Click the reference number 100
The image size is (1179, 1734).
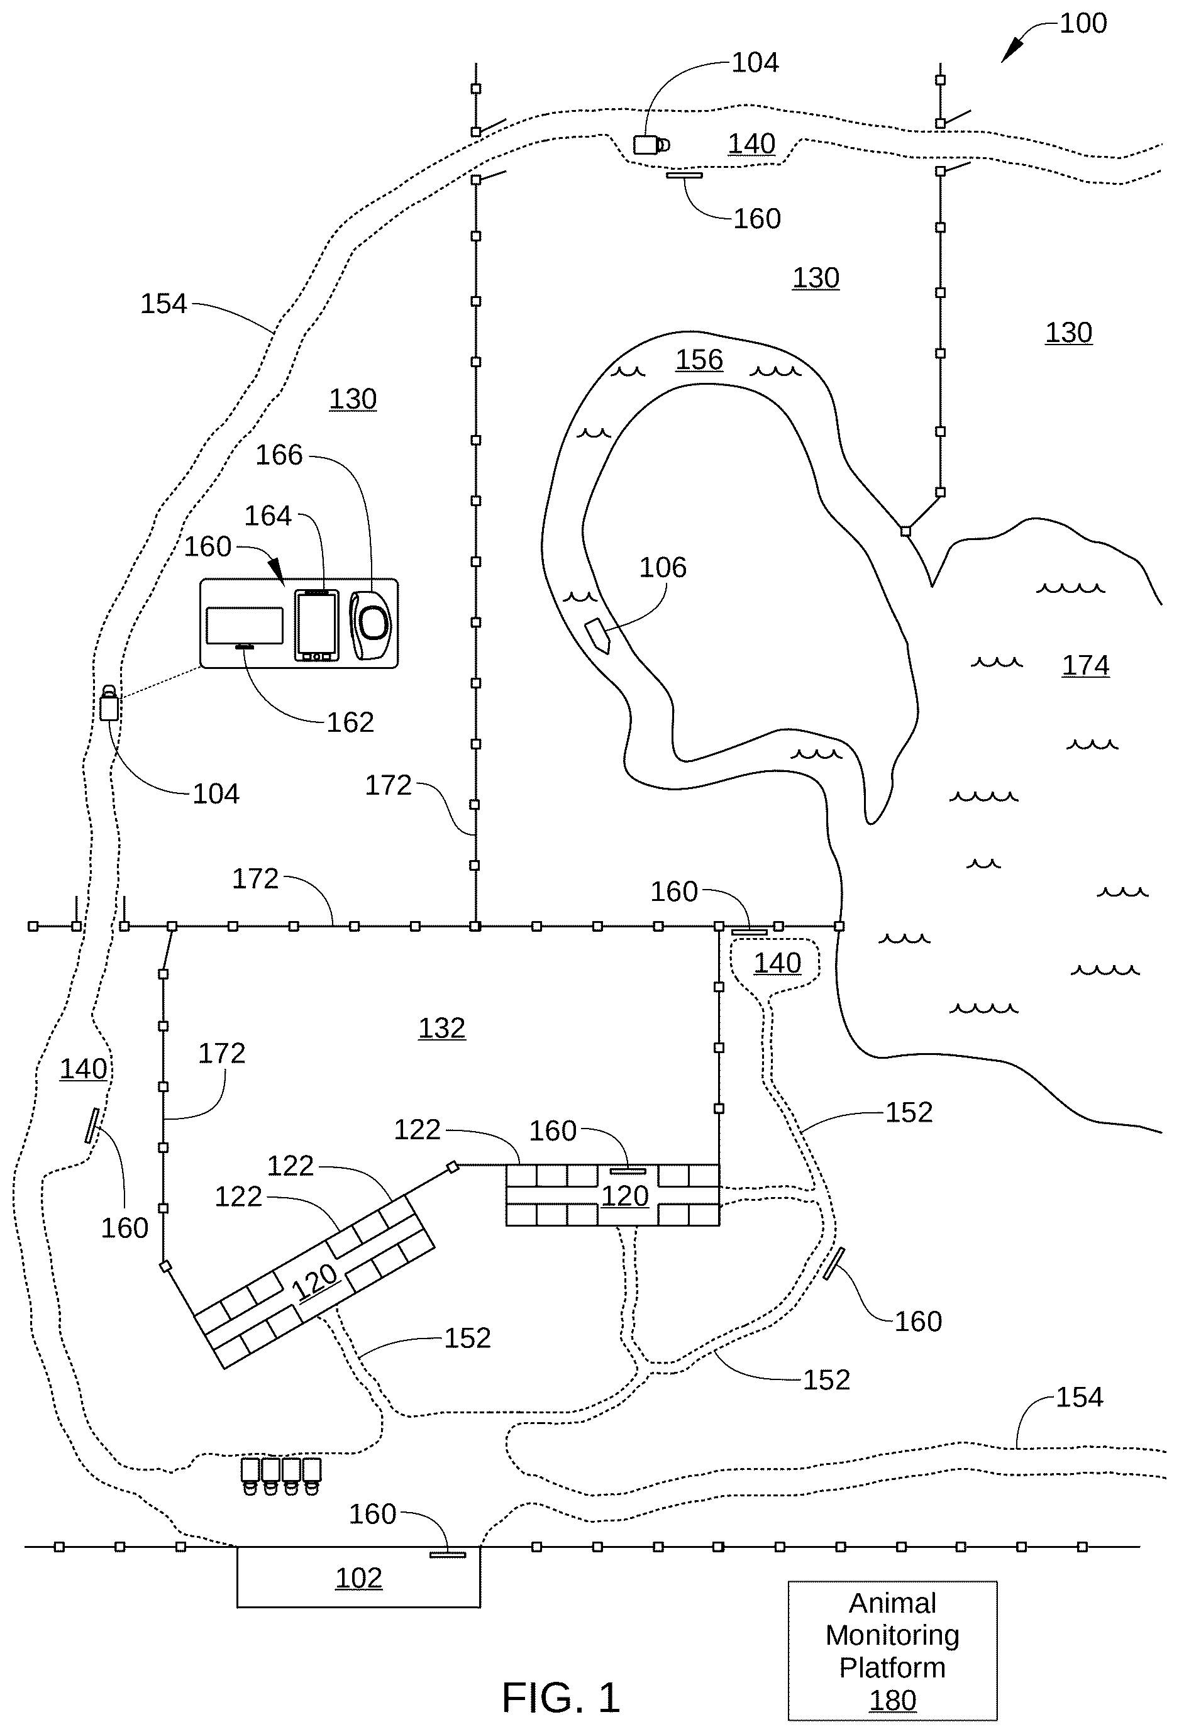pos(1083,23)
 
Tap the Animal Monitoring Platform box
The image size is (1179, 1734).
pos(892,1650)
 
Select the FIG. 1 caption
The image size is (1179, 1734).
pos(560,1698)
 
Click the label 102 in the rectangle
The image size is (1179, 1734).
pos(359,1578)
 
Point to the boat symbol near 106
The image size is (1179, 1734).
pos(598,636)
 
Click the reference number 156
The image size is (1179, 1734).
pos(699,360)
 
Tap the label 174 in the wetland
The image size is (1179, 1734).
pos(1086,665)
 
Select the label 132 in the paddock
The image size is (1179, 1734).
pos(442,1027)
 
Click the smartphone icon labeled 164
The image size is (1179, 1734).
pos(316,625)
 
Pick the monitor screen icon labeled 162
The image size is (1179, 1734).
pos(245,627)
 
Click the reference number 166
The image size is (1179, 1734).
pos(279,455)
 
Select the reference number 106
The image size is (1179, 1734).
pos(663,568)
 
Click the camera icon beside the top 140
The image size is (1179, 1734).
pos(651,145)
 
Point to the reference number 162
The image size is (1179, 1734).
pos(350,722)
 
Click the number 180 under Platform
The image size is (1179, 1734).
pos(892,1701)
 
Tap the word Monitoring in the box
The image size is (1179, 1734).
pos(892,1635)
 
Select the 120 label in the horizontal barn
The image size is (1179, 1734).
pos(625,1196)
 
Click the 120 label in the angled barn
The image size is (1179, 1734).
pos(315,1280)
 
